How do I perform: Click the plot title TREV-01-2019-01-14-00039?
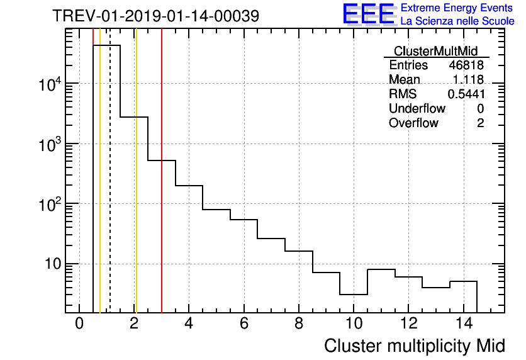tap(155, 16)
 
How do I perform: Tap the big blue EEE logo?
tap(369, 14)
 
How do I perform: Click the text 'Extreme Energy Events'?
tap(457, 8)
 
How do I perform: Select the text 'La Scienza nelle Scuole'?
tap(457, 21)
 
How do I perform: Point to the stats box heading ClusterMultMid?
tap(435, 51)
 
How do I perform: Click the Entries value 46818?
tap(466, 65)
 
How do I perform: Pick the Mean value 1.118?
tap(468, 80)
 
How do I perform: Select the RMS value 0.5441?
tap(466, 94)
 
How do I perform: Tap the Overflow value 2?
tap(480, 123)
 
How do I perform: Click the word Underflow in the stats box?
tap(417, 108)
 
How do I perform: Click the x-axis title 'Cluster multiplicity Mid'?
tap(414, 346)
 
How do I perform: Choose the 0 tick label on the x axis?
tap(79, 324)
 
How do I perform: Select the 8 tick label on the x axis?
tap(298, 324)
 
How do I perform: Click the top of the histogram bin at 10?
tap(353, 294)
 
